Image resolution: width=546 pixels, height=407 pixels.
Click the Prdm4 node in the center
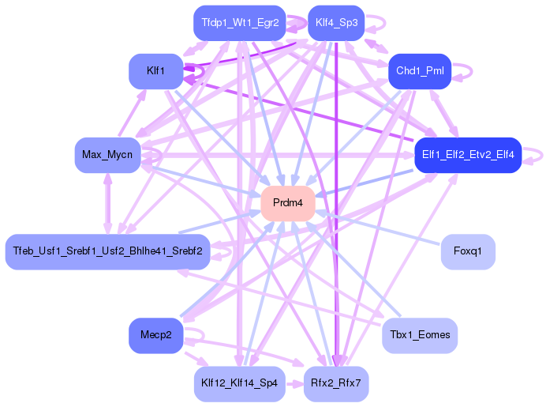(x=288, y=203)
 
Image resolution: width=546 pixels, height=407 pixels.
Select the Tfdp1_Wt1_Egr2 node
(x=240, y=23)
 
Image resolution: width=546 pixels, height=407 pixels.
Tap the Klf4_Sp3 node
(x=336, y=23)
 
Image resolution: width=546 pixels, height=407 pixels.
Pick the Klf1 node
(x=155, y=71)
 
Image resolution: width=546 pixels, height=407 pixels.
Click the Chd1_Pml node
(x=420, y=71)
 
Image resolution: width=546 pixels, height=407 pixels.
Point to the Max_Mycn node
(x=107, y=155)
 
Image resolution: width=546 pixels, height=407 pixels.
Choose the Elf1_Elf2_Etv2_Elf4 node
(x=468, y=155)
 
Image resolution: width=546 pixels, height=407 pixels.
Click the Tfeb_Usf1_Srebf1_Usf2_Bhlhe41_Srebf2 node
(x=107, y=251)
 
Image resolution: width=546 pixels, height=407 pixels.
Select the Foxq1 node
(x=468, y=251)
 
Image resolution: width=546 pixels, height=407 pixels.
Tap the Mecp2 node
(x=155, y=335)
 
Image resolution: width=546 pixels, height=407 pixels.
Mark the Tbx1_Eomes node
(x=420, y=335)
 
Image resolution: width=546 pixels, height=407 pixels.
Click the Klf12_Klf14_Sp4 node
(x=240, y=383)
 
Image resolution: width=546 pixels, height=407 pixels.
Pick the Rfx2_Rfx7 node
(x=336, y=383)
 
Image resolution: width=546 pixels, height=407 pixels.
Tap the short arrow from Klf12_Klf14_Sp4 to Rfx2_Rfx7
(x=295, y=384)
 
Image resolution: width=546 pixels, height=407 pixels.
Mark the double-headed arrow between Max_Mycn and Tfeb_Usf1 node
(x=108, y=203)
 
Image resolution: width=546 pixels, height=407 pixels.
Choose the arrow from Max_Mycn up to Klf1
(x=132, y=112)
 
